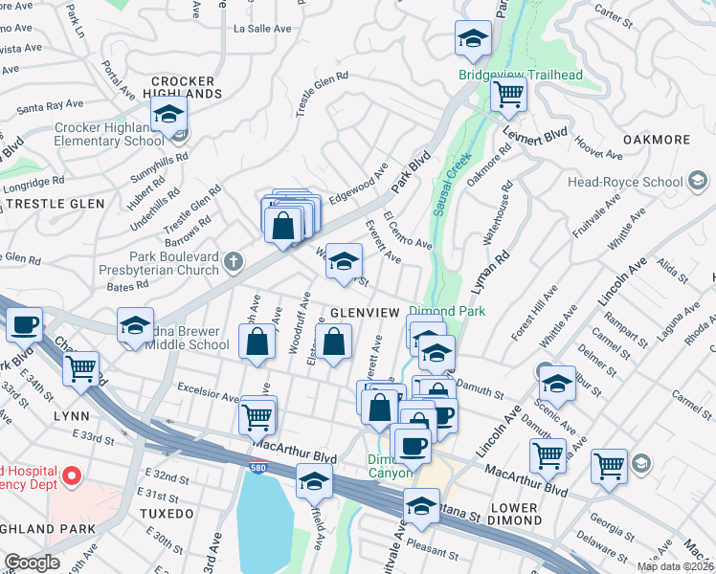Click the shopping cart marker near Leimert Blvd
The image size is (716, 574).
tap(509, 95)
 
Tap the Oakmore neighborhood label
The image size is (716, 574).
tap(656, 140)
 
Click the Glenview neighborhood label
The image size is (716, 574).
tap(363, 313)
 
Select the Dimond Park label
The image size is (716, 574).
tap(447, 311)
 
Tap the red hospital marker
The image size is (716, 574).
tap(70, 475)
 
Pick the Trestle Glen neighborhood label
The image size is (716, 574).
tap(46, 204)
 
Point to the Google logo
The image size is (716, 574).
tap(32, 562)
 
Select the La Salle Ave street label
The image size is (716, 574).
tap(262, 29)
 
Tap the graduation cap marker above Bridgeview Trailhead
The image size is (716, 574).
tap(471, 40)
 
